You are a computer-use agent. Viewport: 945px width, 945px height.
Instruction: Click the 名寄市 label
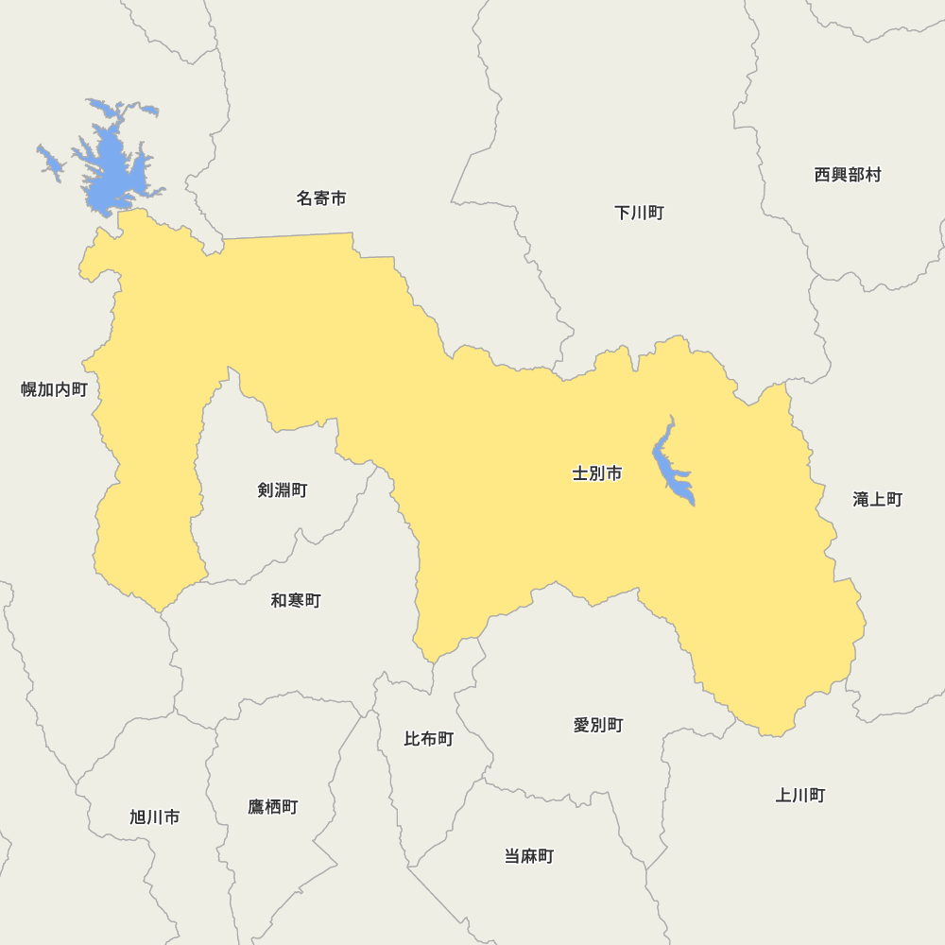[321, 198]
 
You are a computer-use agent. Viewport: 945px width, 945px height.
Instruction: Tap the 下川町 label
[639, 213]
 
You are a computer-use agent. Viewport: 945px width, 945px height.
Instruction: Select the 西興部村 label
[848, 175]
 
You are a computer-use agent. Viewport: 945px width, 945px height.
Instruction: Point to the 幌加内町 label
[54, 389]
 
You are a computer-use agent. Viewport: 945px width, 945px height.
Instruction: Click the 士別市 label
[597, 473]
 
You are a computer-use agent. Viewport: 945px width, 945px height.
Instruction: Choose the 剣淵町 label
[282, 490]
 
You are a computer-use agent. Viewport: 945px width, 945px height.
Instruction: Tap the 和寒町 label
[296, 601]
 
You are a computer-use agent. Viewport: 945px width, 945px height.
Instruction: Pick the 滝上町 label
[878, 499]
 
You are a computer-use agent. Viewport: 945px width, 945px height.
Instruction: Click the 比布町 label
[429, 739]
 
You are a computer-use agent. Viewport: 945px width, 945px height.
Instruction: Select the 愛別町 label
[598, 726]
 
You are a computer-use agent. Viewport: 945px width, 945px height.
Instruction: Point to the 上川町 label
[800, 796]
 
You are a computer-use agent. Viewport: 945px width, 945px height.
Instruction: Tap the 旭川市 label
[155, 817]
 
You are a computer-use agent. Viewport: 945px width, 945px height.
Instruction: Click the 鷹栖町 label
[273, 807]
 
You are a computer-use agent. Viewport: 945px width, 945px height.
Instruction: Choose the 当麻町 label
[529, 857]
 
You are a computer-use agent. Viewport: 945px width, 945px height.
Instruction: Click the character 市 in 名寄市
[338, 198]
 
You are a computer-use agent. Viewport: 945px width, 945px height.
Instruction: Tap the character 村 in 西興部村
[873, 175]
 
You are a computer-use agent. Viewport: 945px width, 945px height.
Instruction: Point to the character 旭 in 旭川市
[138, 817]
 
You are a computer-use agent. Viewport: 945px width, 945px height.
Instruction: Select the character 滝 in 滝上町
[861, 499]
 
